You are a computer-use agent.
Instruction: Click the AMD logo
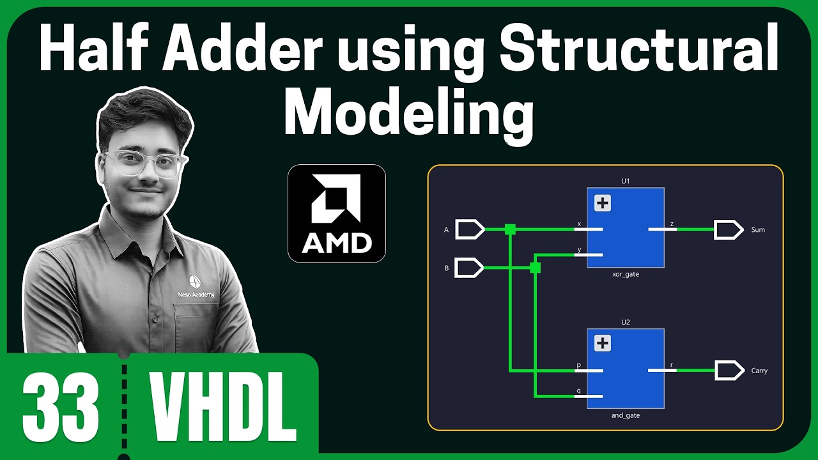(x=337, y=213)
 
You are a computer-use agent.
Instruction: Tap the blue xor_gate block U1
(x=625, y=228)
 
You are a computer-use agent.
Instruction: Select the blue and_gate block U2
(x=625, y=369)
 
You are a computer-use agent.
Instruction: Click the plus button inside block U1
(x=603, y=203)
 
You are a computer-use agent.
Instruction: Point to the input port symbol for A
(x=470, y=229)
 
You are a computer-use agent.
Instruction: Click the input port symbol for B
(x=469, y=268)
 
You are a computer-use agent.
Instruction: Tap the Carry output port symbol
(x=730, y=370)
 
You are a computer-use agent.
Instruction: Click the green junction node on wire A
(x=510, y=229)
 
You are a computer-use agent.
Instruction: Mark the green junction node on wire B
(x=535, y=268)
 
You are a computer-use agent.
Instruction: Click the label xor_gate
(x=626, y=274)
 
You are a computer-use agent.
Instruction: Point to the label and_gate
(x=626, y=415)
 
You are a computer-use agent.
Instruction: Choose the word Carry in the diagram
(x=759, y=371)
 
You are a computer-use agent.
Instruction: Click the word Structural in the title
(x=639, y=47)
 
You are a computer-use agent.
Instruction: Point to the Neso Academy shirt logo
(x=196, y=287)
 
